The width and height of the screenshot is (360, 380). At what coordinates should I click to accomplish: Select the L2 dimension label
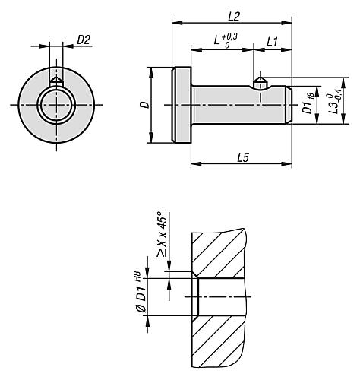click(233, 16)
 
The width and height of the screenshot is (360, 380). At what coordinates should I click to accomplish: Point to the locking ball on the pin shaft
click(260, 82)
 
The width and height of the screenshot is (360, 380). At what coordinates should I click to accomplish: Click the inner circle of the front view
click(56, 106)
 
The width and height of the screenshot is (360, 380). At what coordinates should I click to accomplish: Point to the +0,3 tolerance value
click(229, 36)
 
